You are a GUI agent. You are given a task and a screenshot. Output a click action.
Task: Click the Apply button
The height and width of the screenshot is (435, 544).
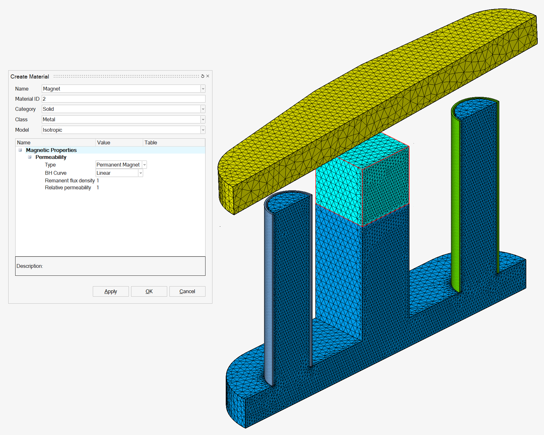111,291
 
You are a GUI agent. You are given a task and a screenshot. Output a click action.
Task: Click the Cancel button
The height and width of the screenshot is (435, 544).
187,291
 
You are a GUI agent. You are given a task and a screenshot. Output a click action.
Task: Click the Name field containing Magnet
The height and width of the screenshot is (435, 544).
123,89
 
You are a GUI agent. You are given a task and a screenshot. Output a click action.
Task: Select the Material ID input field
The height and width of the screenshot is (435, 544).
123,99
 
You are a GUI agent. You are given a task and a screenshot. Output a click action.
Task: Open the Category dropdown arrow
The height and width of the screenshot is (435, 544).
203,109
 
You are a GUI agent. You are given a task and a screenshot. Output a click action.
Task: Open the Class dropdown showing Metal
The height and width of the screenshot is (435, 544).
123,119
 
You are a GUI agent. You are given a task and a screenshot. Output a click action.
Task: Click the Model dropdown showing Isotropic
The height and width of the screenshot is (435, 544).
123,130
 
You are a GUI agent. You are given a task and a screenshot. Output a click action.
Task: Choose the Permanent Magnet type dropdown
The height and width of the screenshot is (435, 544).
121,165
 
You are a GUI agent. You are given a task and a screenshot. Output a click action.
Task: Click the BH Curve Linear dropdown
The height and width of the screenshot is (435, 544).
119,173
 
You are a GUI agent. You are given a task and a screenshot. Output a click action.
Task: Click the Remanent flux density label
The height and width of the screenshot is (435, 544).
70,180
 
